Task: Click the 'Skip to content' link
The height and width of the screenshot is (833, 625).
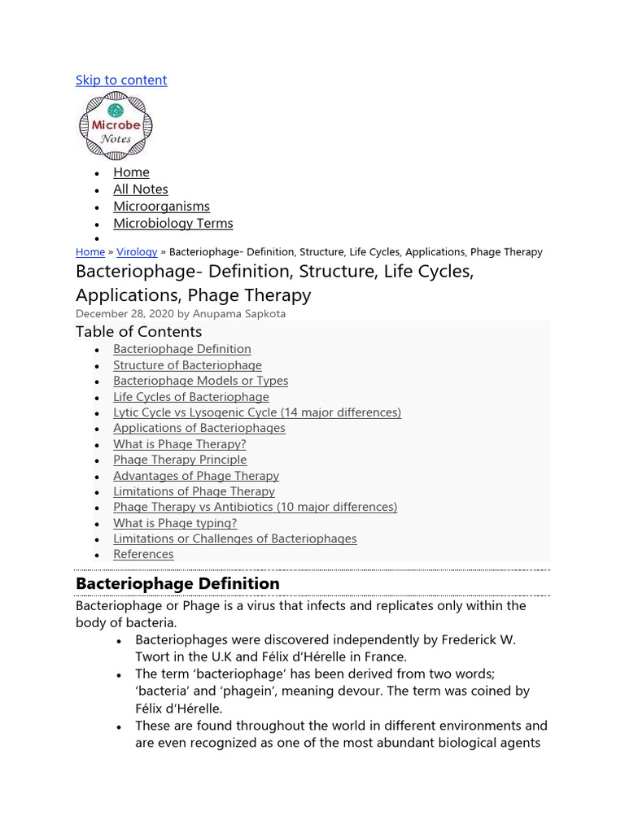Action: point(121,80)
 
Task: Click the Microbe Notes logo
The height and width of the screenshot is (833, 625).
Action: point(115,126)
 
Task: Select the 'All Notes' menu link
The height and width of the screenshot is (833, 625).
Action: point(141,189)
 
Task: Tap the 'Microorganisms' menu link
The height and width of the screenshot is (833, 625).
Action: point(161,206)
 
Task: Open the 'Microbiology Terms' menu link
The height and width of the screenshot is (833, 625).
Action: point(173,223)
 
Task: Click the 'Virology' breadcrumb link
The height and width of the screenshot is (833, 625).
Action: point(137,252)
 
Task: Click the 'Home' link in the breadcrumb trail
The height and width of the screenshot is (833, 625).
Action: point(90,252)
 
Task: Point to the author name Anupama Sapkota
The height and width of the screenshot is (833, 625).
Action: point(238,313)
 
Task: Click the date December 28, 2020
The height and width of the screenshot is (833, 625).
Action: point(125,313)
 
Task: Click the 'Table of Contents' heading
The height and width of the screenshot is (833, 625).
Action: point(138,331)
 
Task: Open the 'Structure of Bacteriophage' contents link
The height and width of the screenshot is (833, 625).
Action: point(187,365)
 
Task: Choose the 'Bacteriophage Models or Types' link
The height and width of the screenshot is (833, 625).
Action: point(200,381)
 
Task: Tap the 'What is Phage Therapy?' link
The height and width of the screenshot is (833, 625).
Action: point(179,444)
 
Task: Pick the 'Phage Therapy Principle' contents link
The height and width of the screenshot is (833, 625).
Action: point(180,460)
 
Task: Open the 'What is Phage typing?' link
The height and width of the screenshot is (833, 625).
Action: point(175,523)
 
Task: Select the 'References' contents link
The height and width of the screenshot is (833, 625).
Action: point(143,554)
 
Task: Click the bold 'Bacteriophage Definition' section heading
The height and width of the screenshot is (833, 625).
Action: point(177,583)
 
